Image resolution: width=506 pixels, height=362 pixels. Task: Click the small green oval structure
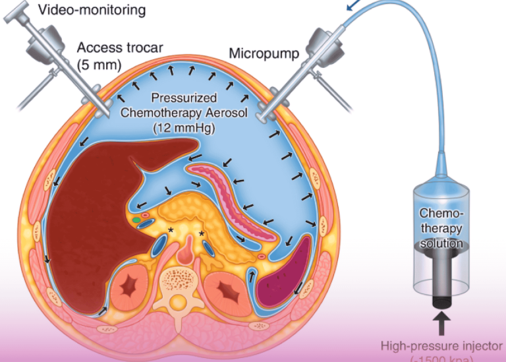136,218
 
